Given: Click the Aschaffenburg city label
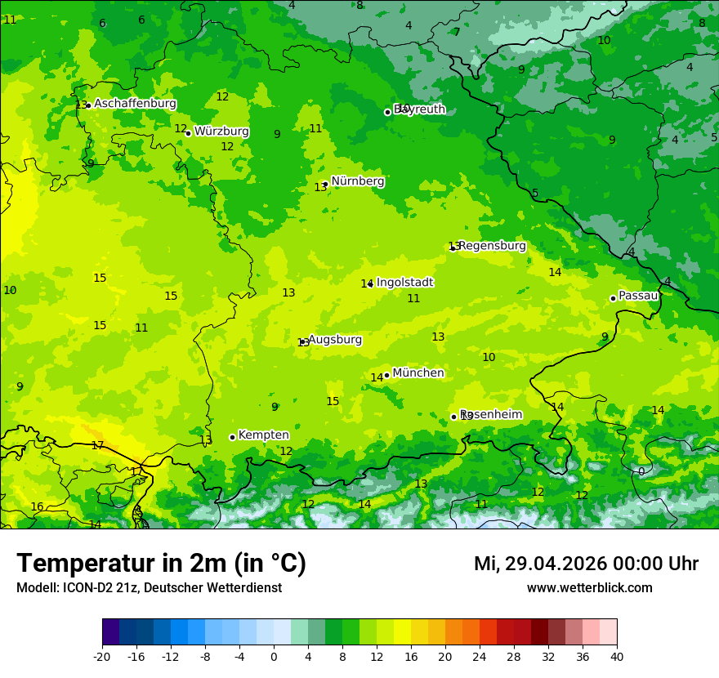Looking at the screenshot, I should (135, 104).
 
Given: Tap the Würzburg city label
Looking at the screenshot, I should (221, 132).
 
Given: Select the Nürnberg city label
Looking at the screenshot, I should (357, 181).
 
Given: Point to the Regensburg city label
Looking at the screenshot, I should (492, 246).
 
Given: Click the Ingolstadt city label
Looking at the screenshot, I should (404, 283).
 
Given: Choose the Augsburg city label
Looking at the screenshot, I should (334, 340).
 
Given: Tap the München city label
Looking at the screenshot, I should (418, 373).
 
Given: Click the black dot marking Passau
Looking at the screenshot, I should (613, 298).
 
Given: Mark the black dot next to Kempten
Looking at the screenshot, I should (232, 437).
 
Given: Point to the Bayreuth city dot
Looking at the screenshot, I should (388, 112).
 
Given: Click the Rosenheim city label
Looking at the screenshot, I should (491, 415).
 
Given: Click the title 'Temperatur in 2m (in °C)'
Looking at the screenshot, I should (161, 563).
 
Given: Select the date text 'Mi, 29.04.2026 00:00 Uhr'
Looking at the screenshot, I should (586, 564).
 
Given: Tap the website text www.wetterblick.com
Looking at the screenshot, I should (589, 588).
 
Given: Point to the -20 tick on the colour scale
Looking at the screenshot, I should (102, 656).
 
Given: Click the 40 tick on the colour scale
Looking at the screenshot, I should (616, 656).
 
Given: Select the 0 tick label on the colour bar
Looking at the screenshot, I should (274, 656).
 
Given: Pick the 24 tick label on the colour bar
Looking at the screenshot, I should (480, 656).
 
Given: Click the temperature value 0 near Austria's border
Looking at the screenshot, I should (641, 471).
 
